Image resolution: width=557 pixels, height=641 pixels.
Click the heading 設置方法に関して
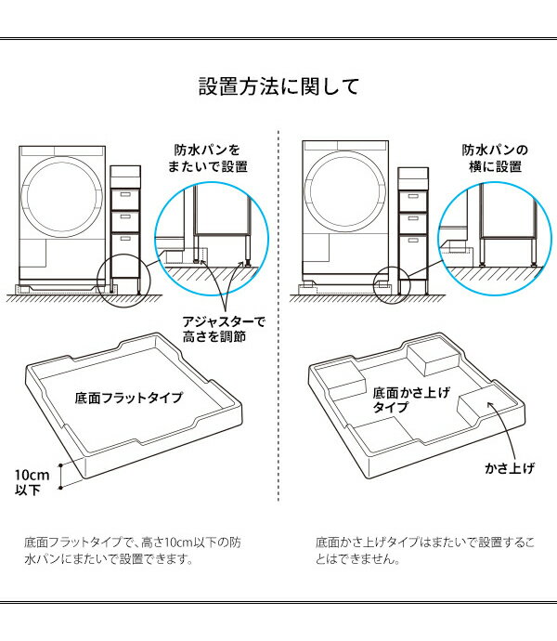[278, 88]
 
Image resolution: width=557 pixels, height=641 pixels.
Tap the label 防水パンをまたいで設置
[209, 158]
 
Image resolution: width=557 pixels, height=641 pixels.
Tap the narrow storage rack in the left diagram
[124, 223]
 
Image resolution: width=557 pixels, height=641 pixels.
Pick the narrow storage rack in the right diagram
[412, 223]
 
